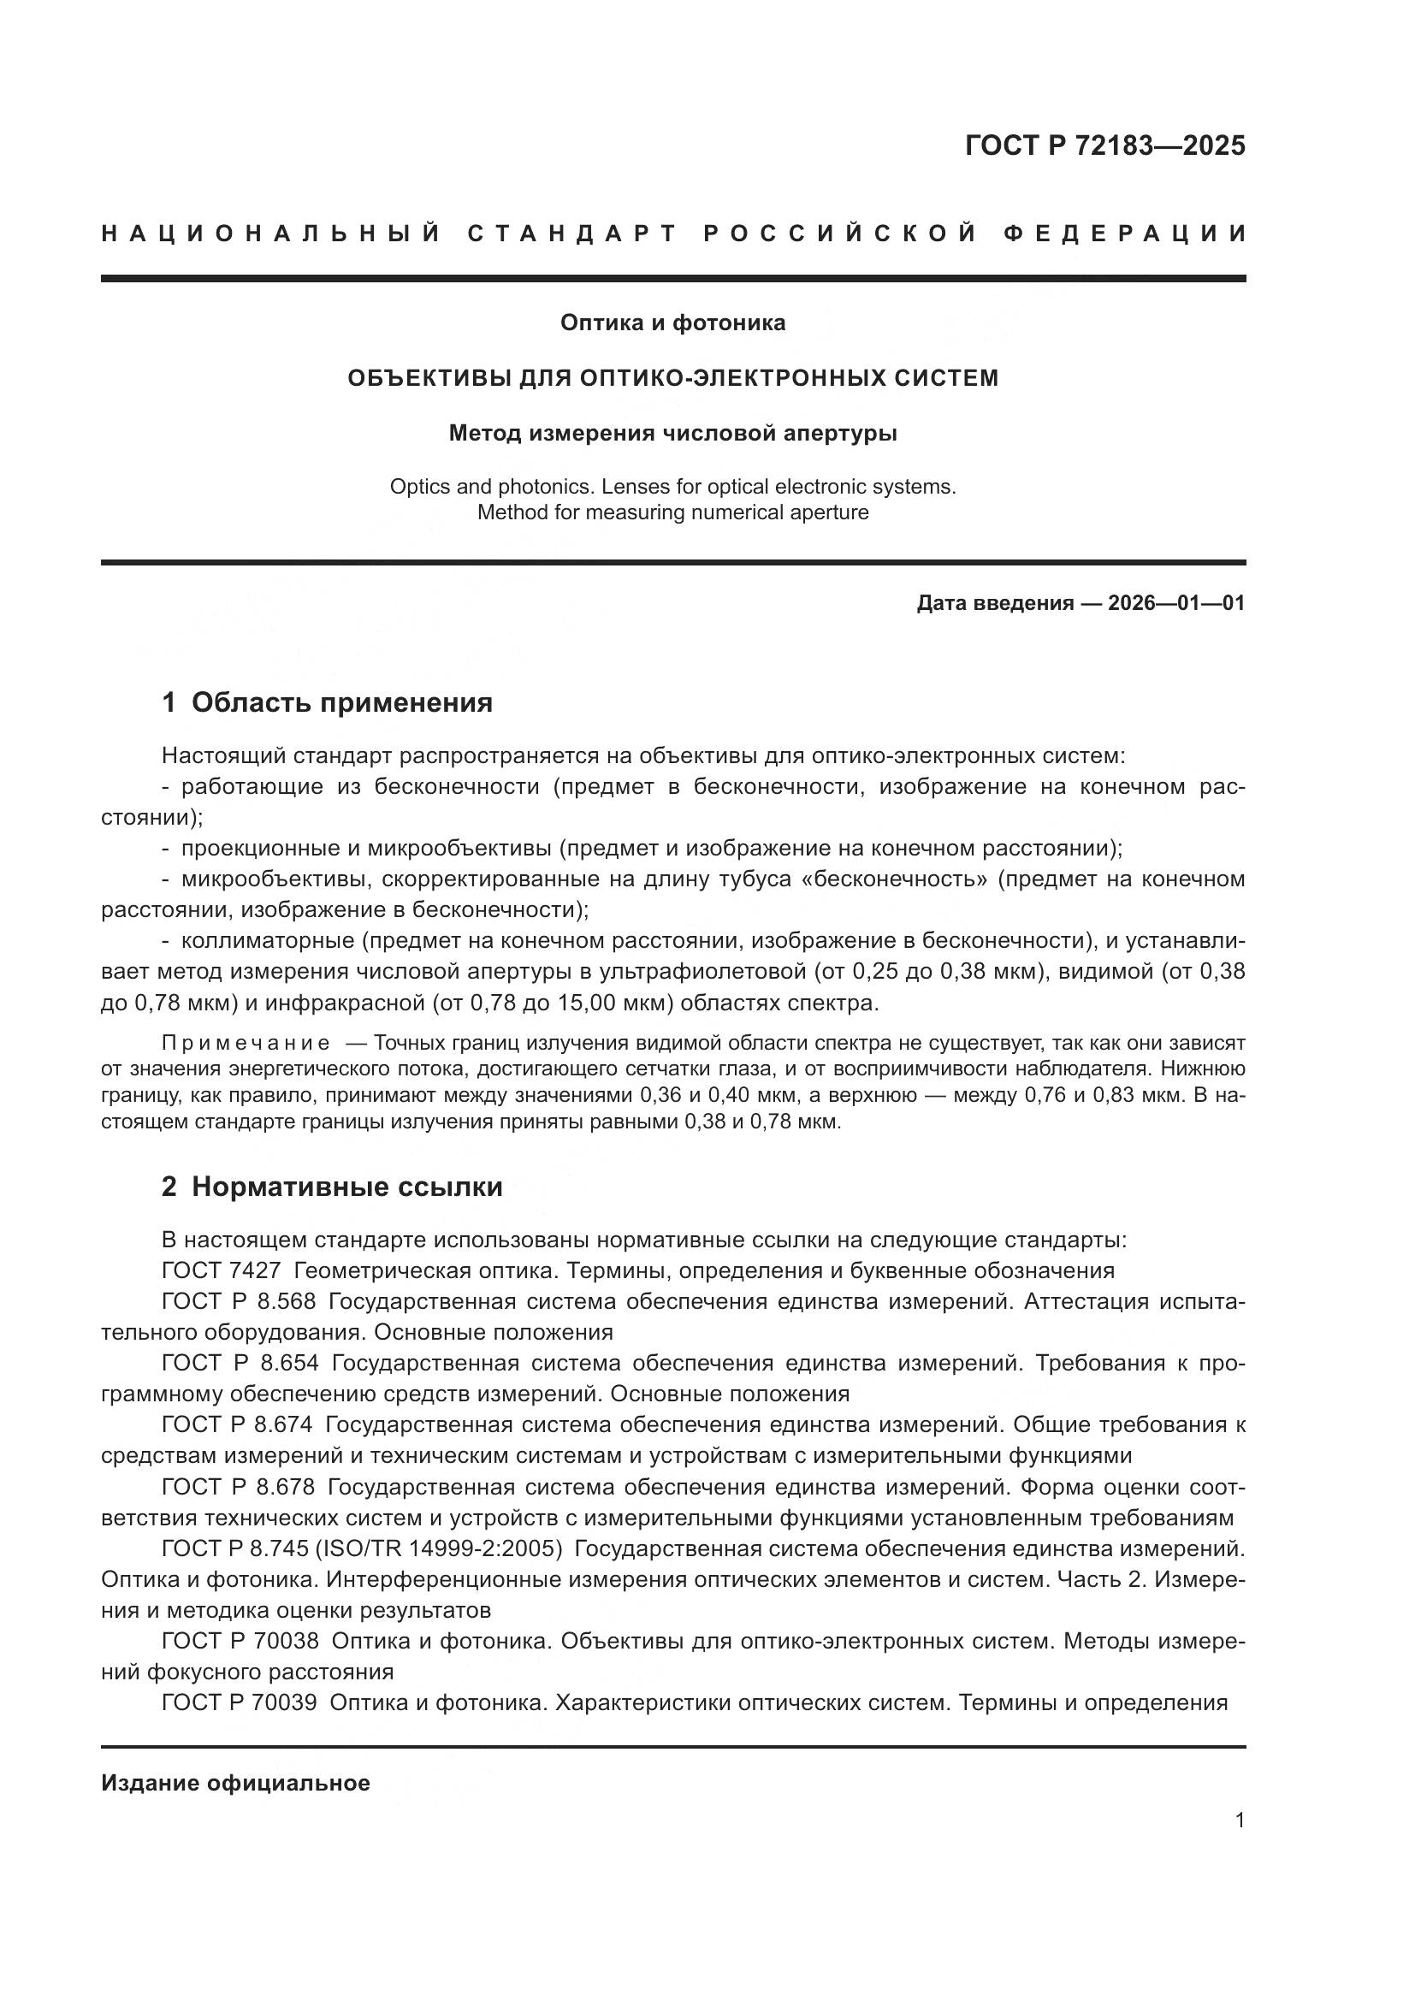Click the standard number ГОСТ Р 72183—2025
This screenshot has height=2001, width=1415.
(x=1104, y=145)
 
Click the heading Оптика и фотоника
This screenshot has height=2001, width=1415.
(x=672, y=323)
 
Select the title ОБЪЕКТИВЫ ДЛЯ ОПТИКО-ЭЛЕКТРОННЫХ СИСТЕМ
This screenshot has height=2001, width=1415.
(x=672, y=378)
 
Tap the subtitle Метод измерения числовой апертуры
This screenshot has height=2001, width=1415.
(x=672, y=433)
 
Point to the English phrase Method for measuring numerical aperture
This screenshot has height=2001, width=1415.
(x=672, y=512)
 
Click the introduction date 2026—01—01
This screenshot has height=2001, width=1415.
(x=1176, y=603)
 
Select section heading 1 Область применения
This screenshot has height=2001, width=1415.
(x=327, y=702)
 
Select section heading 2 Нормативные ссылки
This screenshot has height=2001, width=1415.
(x=332, y=1187)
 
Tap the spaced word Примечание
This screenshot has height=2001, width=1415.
(x=246, y=1043)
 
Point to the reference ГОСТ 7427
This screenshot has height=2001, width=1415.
(x=222, y=1270)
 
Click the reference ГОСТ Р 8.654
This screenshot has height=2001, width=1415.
(x=240, y=1363)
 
